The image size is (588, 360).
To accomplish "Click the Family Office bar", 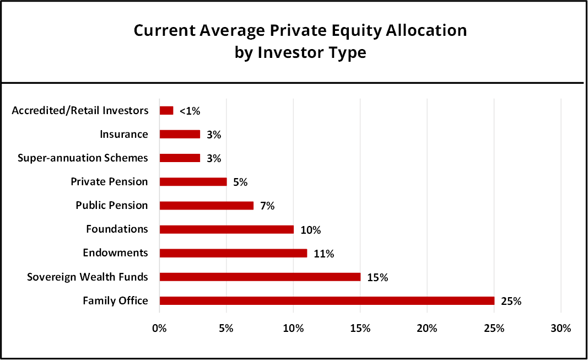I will coord(327,300).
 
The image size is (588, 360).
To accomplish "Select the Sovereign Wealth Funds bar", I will coord(260,277).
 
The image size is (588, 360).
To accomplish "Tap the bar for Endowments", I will coord(233,253).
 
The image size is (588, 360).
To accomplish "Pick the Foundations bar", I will coord(226,229).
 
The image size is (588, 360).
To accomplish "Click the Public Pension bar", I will coord(206,206).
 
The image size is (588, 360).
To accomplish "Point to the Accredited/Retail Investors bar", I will coord(166,110).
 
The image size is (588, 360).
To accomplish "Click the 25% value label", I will coord(511,301).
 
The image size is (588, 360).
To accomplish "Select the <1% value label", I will coord(190,111).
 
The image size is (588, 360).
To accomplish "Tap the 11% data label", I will coord(324,254).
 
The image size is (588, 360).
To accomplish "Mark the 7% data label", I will coord(267,206).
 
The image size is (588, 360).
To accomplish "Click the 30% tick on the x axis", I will coord(560,329).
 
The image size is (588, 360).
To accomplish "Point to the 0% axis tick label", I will coord(159,329).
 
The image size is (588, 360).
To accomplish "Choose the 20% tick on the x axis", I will coord(427,329).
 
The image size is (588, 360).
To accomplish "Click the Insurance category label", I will coord(123,134).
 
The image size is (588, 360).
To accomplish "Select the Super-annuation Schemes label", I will coord(83,158).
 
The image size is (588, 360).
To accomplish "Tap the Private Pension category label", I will coord(109,181).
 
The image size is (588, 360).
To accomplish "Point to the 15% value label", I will coord(377,277).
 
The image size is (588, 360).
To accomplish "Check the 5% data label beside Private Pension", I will coord(240,182).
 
